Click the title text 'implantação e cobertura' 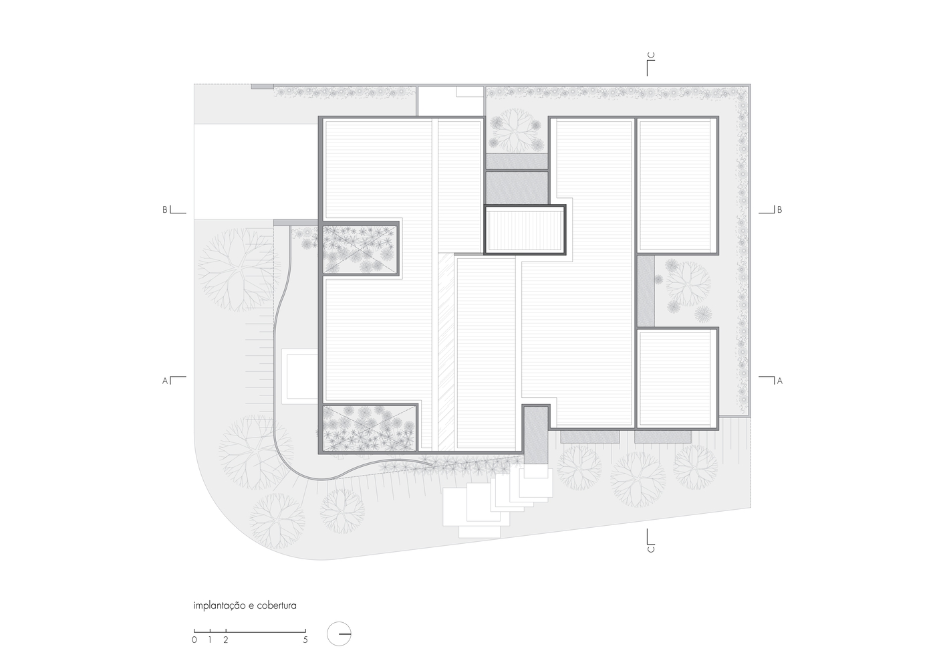click(x=245, y=605)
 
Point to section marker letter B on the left click(x=165, y=209)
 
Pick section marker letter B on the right click(x=780, y=209)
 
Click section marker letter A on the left click(x=165, y=381)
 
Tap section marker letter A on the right click(x=780, y=381)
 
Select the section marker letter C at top click(x=651, y=56)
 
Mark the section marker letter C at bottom click(x=651, y=549)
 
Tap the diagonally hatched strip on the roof click(x=446, y=351)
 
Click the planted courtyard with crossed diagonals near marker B click(x=360, y=249)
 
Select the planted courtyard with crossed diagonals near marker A click(x=370, y=427)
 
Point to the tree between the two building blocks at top click(x=515, y=129)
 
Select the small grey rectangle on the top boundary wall click(x=263, y=86)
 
